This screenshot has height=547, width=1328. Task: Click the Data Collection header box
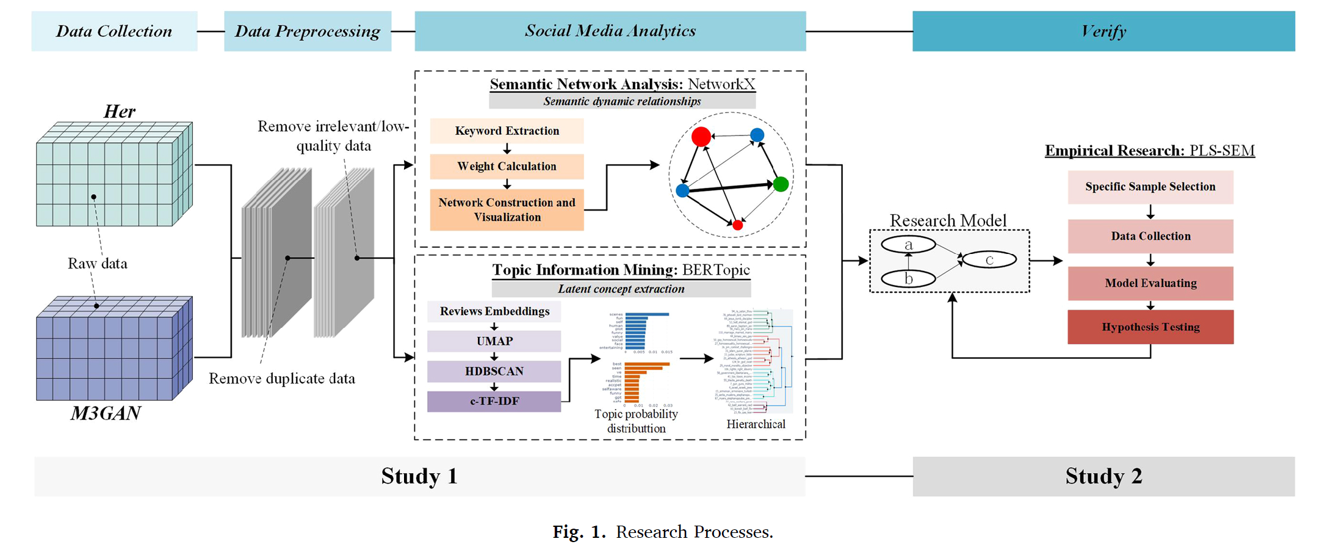click(x=114, y=31)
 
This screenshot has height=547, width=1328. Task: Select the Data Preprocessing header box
click(x=308, y=31)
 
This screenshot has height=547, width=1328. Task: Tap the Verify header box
click(x=1103, y=31)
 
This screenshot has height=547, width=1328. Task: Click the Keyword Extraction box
click(x=507, y=131)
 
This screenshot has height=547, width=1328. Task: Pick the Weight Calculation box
click(x=507, y=166)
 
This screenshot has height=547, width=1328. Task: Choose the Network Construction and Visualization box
click(x=507, y=209)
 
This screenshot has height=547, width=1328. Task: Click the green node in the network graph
click(x=781, y=184)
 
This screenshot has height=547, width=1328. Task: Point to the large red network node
click(x=701, y=136)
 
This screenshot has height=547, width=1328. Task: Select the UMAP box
click(x=494, y=341)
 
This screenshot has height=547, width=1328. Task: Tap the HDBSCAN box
click(x=494, y=371)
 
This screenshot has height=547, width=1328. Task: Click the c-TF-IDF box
click(x=494, y=401)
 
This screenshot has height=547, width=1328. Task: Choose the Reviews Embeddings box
click(x=494, y=311)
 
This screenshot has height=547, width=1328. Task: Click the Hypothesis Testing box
click(x=1150, y=327)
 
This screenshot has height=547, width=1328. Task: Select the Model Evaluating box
click(x=1150, y=283)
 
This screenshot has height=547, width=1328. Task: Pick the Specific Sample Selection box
click(x=1150, y=187)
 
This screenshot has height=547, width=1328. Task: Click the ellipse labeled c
click(x=989, y=259)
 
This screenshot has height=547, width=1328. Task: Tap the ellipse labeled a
click(x=908, y=244)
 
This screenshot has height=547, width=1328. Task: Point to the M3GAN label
click(x=106, y=413)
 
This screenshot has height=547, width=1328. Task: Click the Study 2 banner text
click(x=1103, y=476)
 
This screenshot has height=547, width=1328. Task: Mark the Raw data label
click(x=98, y=264)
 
